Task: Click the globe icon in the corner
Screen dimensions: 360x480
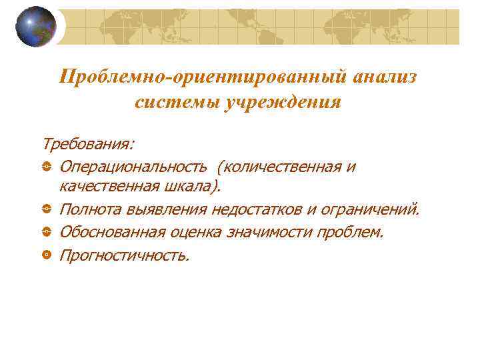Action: pos(36,26)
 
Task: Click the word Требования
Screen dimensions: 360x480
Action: pos(87,143)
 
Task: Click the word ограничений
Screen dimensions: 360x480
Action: pos(371,210)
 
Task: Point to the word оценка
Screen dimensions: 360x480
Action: pos(217,232)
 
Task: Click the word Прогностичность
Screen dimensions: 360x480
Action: pos(125,254)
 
